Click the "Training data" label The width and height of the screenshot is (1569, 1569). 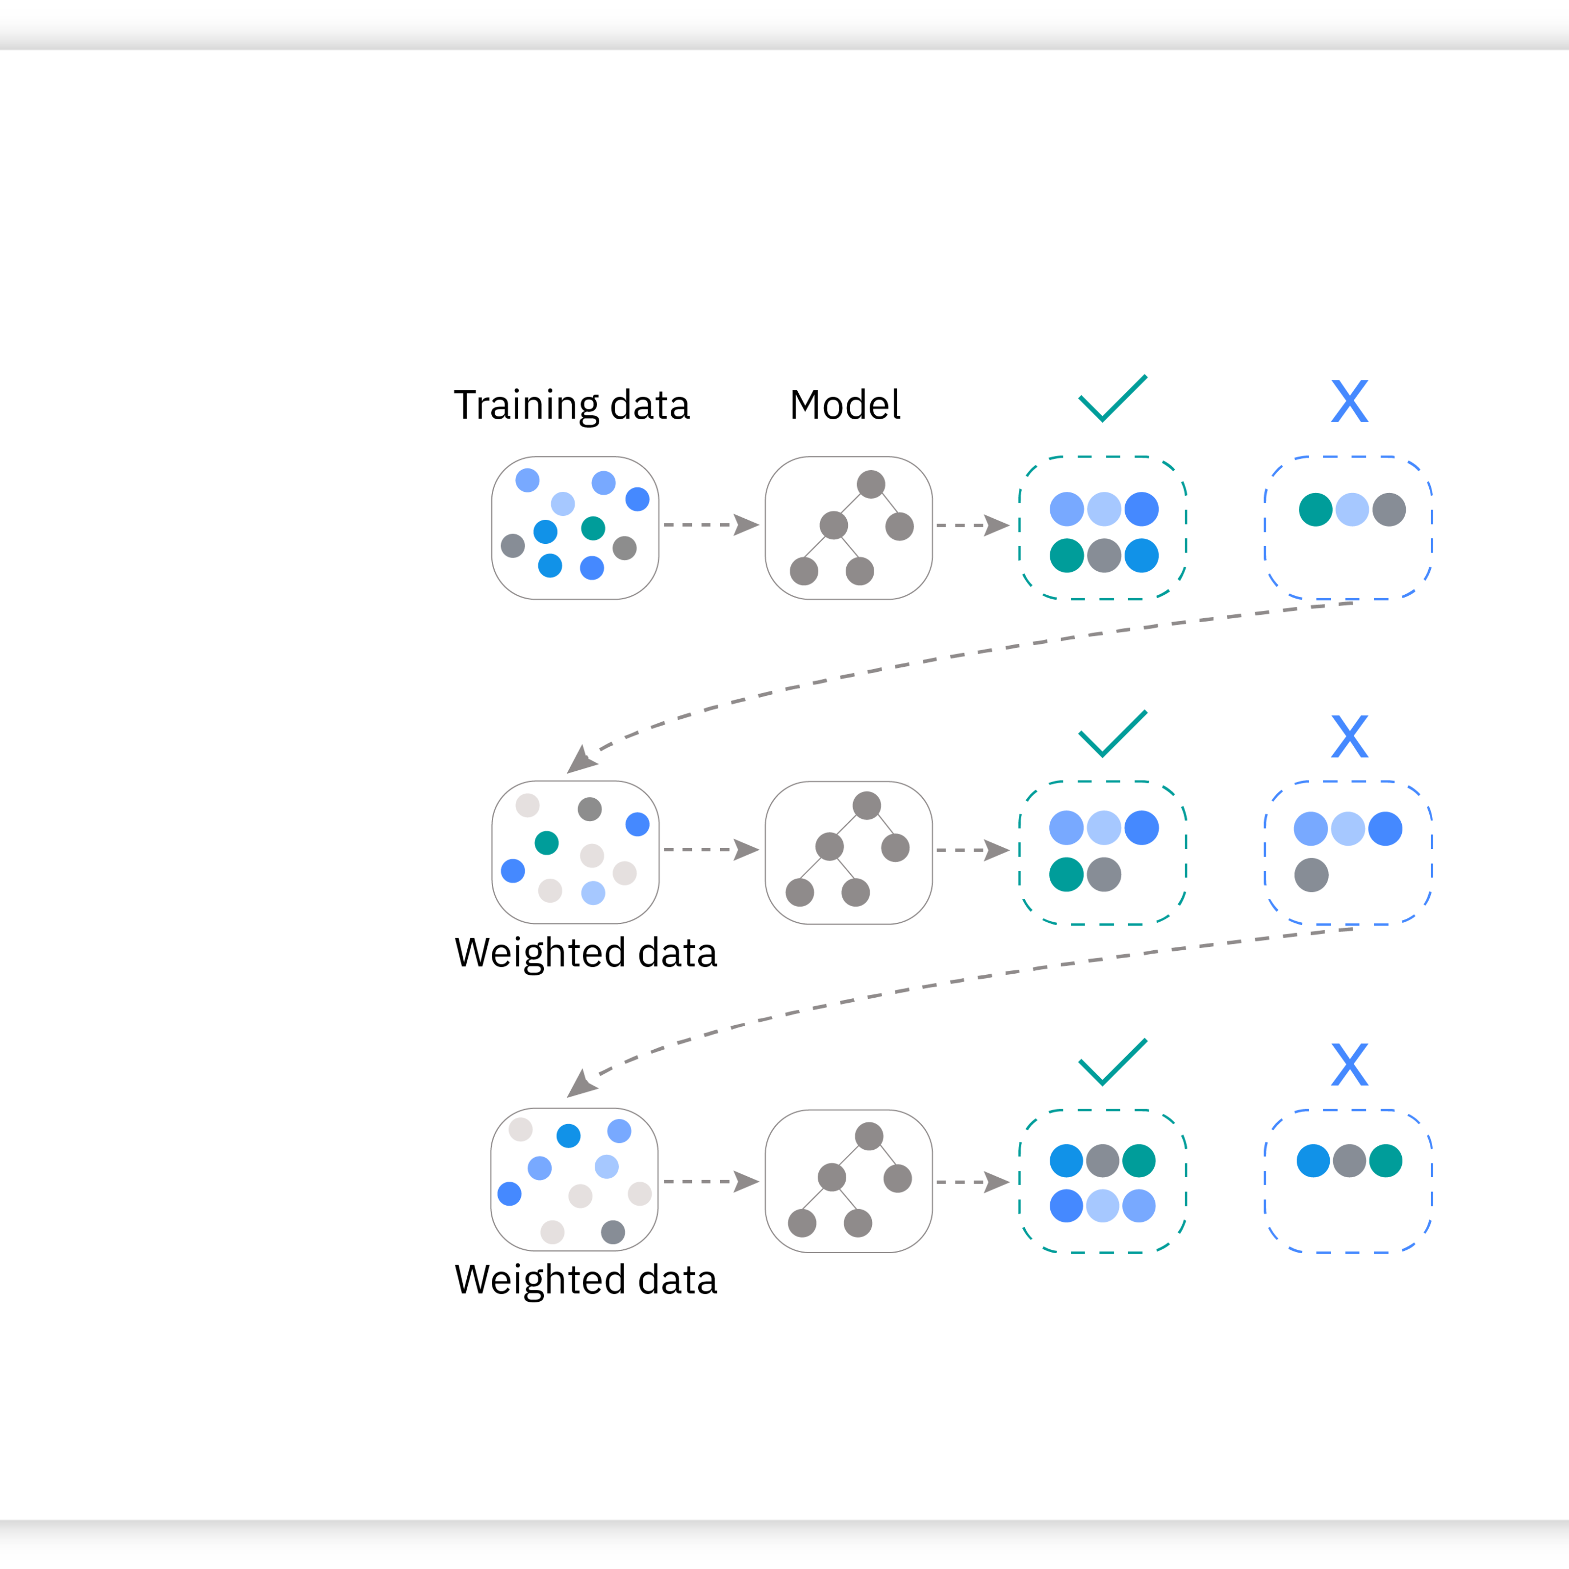tap(572, 405)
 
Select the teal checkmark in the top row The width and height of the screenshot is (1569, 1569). tap(1113, 398)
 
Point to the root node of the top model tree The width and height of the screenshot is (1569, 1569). tap(871, 484)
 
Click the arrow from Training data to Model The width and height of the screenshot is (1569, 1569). tap(711, 525)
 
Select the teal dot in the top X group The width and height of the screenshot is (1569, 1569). tap(1316, 509)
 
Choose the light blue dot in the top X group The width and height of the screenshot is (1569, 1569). tap(1352, 509)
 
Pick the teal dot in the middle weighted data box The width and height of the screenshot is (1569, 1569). tap(547, 843)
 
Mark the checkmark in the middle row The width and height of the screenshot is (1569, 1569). tap(1113, 734)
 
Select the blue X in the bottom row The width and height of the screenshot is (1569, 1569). tap(1350, 1064)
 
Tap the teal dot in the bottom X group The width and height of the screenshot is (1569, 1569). tap(1386, 1161)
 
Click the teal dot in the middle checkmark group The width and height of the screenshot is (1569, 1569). tap(1066, 875)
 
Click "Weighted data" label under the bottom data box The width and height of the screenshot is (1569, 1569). tap(585, 1280)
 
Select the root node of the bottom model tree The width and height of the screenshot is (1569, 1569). tap(869, 1136)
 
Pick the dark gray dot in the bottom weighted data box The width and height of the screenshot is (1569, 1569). tap(613, 1232)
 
